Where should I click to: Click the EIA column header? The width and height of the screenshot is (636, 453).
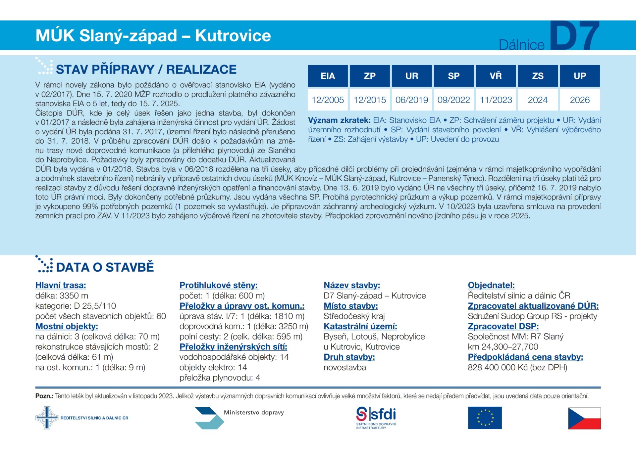click(x=328, y=76)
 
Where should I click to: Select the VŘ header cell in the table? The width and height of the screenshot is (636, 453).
click(x=496, y=76)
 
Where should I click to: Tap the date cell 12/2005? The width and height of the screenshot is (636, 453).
click(x=328, y=100)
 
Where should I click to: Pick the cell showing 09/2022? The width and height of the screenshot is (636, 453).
click(x=453, y=100)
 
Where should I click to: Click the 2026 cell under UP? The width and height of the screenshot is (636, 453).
click(x=580, y=100)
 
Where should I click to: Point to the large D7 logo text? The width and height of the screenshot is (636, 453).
click(x=575, y=36)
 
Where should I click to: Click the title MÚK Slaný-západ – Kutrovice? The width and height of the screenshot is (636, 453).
click(x=153, y=36)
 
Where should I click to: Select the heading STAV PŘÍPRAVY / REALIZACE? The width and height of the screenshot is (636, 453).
click(x=146, y=69)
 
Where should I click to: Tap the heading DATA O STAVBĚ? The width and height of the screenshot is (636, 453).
click(x=105, y=267)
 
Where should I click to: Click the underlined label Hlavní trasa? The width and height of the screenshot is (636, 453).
click(x=61, y=285)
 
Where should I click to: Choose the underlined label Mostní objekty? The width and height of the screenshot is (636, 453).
click(x=67, y=326)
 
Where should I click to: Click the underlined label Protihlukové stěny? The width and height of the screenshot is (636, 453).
click(x=218, y=285)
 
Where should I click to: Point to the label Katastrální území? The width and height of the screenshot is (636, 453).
click(x=360, y=326)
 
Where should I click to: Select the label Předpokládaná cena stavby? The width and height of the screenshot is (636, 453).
click(x=525, y=357)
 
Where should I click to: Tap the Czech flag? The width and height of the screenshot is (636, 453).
click(x=584, y=418)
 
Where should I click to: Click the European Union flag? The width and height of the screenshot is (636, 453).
click(x=485, y=418)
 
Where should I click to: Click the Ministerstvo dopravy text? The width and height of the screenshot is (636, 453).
click(x=254, y=413)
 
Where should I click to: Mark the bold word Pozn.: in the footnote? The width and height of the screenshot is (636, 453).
click(x=44, y=396)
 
